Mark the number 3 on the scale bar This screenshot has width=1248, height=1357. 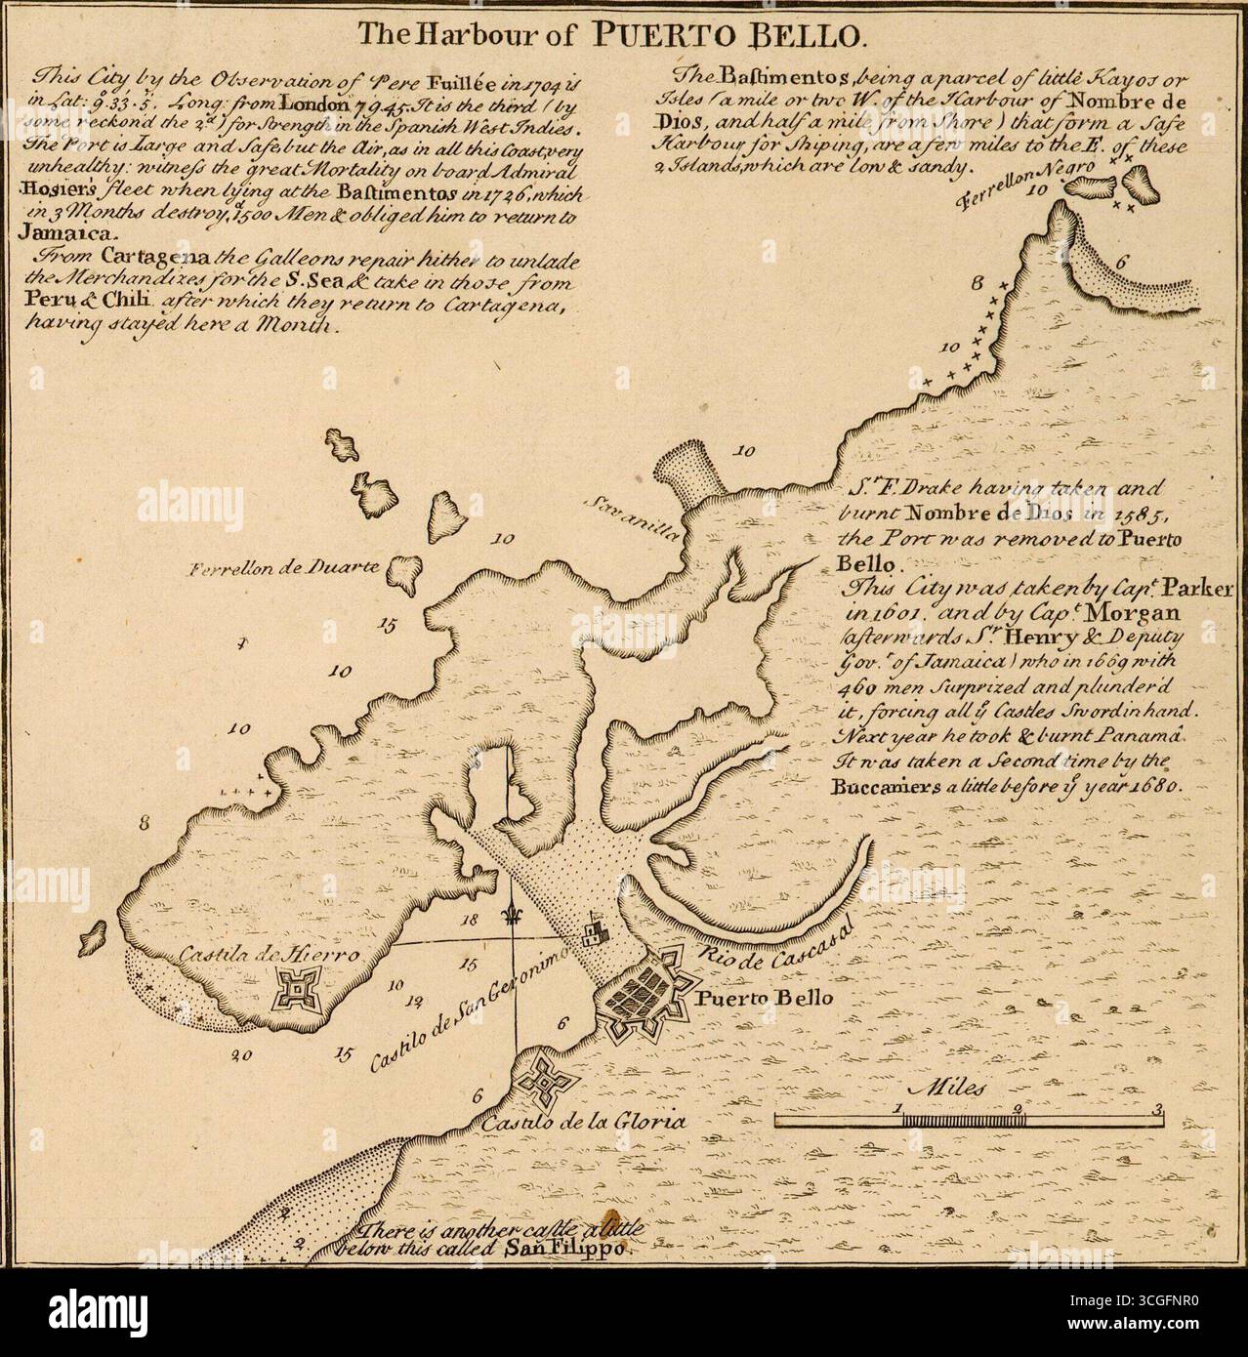1157,1108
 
